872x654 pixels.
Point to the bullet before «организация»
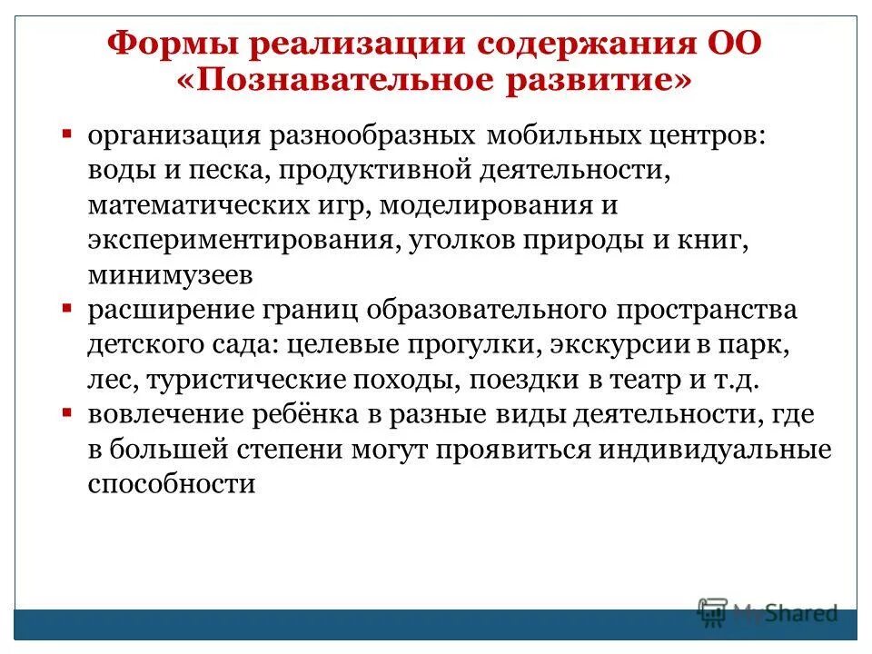click(x=66, y=134)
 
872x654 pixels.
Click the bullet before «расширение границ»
click(x=66, y=310)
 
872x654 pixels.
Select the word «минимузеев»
click(x=170, y=274)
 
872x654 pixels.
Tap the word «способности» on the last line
click(x=171, y=485)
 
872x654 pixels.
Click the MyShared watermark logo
click(x=768, y=612)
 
